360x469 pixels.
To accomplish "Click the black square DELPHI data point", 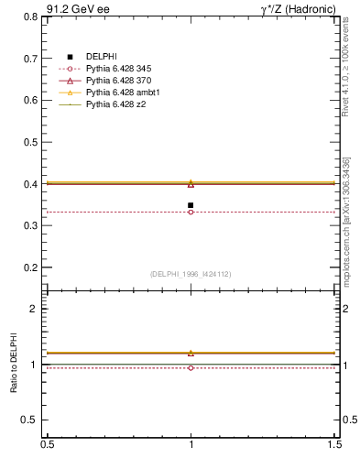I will [x=191, y=205].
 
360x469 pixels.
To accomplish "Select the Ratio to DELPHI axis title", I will [x=14, y=365].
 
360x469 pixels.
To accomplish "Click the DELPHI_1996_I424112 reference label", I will [x=191, y=274].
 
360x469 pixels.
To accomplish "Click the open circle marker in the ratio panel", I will [x=191, y=367].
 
